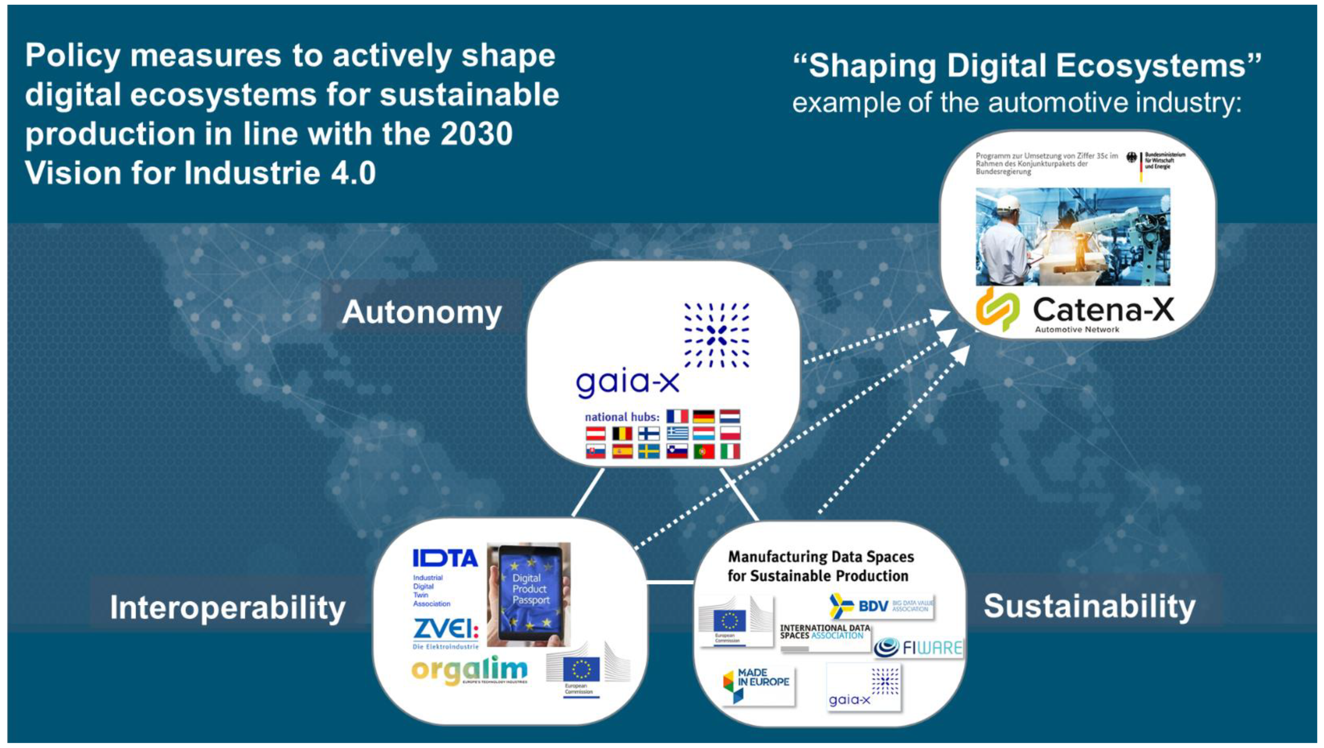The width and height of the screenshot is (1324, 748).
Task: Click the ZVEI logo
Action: [x=446, y=631]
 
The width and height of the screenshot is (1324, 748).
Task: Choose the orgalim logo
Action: [x=469, y=670]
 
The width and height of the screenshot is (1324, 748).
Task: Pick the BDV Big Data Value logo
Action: [x=881, y=607]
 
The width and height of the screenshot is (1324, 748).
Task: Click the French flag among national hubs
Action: [x=677, y=416]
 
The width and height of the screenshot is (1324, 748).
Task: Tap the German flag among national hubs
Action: [x=703, y=416]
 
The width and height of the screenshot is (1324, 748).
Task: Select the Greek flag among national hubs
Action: [x=677, y=434]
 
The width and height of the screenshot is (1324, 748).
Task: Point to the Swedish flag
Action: [x=649, y=451]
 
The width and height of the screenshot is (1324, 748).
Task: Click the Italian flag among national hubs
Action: [x=730, y=451]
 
